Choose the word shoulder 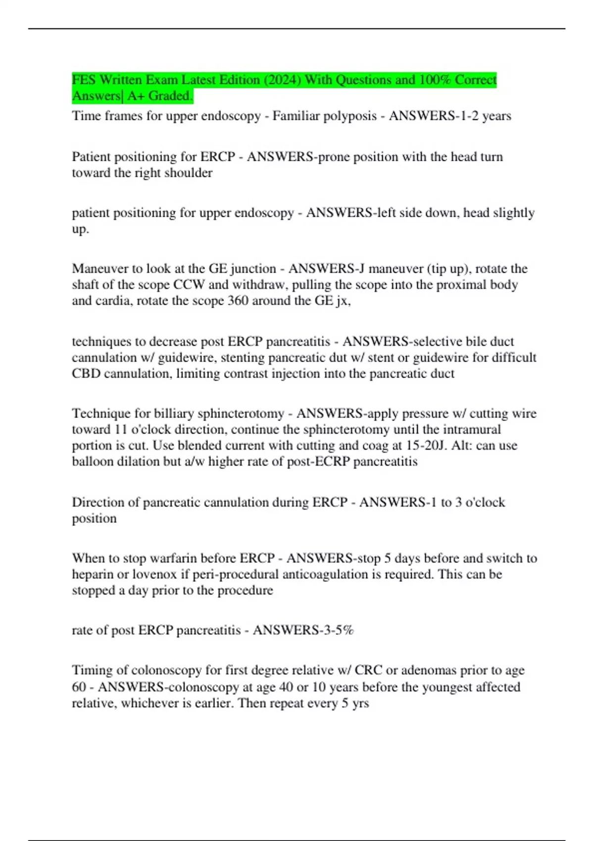tap(191, 173)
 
